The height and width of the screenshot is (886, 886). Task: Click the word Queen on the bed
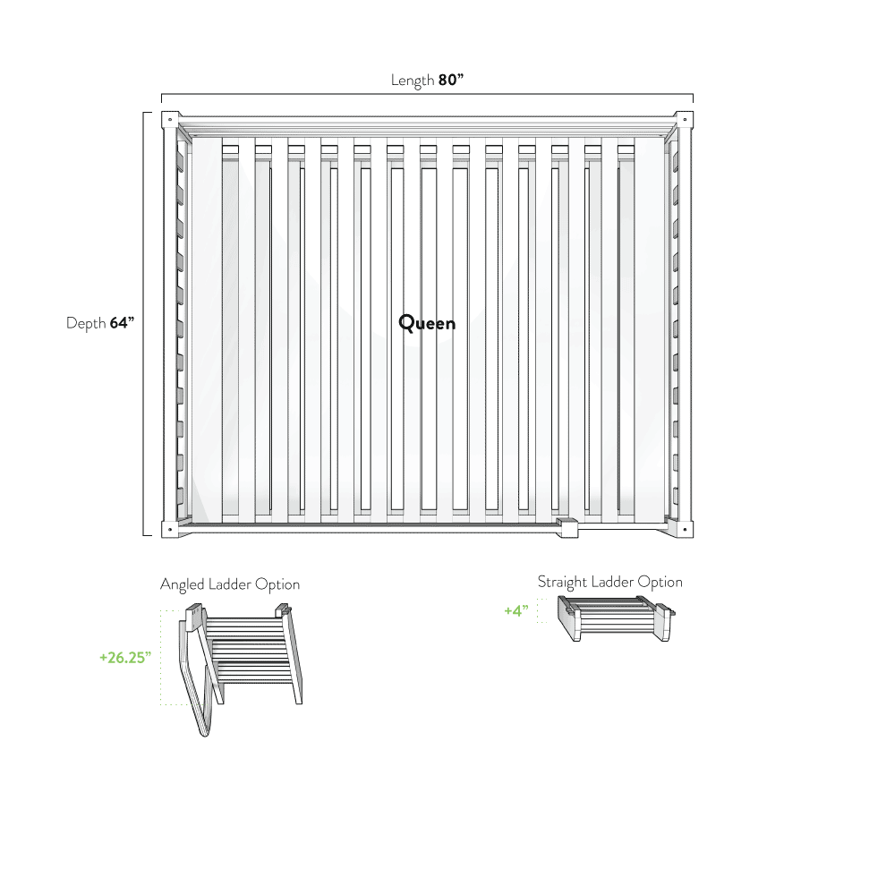point(427,323)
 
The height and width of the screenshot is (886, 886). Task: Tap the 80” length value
point(451,81)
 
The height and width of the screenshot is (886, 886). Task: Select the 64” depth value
point(122,323)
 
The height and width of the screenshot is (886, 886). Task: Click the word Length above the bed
point(412,81)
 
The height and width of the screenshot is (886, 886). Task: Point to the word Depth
point(86,323)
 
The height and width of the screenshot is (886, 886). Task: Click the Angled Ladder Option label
point(230,584)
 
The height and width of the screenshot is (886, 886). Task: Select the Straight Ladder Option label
point(609,583)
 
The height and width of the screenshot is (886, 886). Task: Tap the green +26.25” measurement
point(125,657)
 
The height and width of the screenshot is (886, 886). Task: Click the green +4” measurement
point(516,611)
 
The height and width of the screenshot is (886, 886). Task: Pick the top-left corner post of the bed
point(170,120)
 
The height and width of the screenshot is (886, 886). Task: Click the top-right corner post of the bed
point(685,120)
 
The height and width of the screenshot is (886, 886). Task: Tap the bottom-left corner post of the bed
point(170,528)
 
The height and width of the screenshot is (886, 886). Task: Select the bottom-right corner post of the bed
point(685,528)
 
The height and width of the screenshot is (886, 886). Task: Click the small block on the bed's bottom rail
point(566,527)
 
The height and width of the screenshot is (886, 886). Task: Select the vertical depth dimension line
point(145,323)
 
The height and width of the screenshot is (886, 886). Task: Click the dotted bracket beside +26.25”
point(162,658)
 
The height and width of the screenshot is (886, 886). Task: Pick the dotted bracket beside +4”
point(539,610)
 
